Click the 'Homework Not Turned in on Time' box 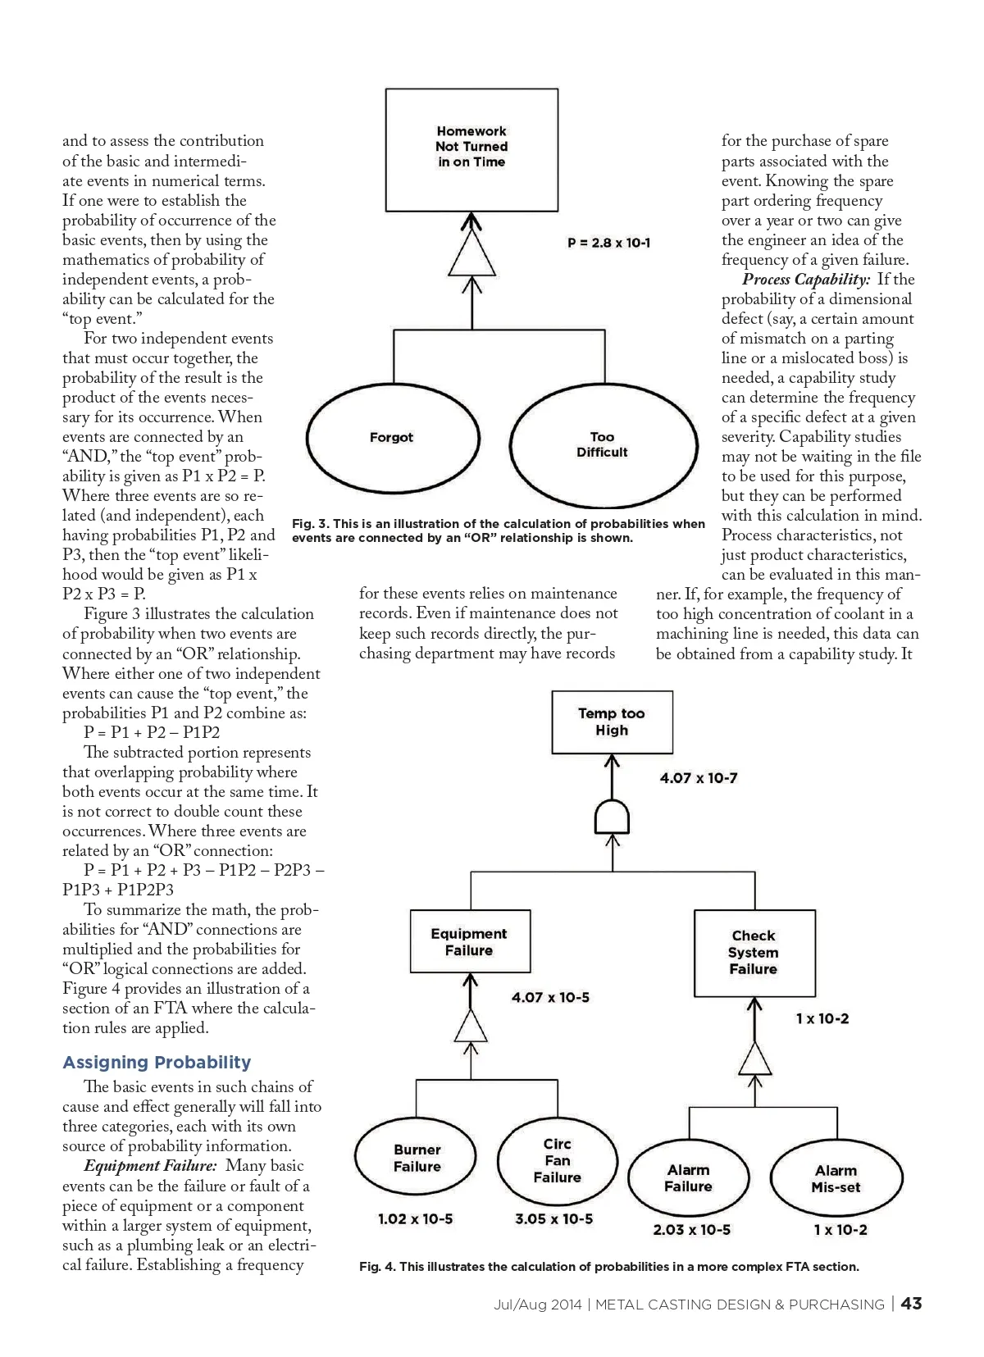471,150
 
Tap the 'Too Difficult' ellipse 602,444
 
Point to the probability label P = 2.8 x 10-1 608,243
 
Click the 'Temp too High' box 612,722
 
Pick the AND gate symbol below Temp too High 612,817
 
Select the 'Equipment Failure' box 469,941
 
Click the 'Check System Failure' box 754,952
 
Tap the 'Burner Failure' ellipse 417,1158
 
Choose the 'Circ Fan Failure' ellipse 557,1160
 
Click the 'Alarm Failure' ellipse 688,1178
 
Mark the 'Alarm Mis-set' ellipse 836,1179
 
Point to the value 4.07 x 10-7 698,778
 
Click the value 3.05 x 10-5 553,1219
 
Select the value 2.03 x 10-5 691,1230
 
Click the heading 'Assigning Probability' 157,1063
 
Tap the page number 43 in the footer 911,1304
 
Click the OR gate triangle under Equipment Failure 471,1026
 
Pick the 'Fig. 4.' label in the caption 377,1267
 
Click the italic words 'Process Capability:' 806,280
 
